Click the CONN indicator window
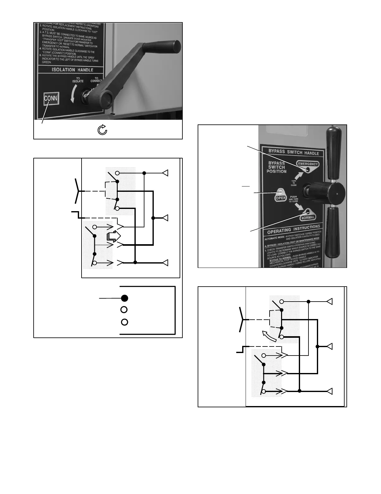51,99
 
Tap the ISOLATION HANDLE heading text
72,70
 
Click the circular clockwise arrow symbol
102,130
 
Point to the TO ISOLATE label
78,80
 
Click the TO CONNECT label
96,80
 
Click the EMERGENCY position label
308,164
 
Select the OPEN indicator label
281,198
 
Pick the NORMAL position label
308,217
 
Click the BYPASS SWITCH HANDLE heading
294,153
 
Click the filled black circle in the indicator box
125,298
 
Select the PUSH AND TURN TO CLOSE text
293,199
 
